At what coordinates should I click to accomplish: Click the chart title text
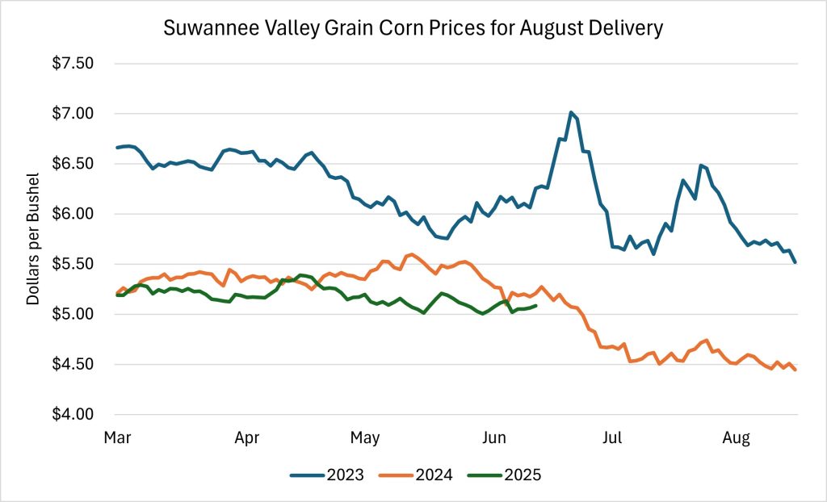click(413, 28)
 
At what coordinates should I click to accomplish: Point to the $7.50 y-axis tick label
click(72, 63)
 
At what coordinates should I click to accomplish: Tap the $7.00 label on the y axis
click(72, 114)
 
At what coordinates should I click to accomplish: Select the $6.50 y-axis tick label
click(72, 164)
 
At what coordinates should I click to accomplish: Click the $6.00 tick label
click(72, 214)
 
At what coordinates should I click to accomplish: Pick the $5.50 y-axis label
click(72, 264)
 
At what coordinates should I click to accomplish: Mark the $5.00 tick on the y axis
click(72, 314)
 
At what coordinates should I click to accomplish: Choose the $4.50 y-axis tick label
click(72, 365)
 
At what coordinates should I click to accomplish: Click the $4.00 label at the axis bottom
click(72, 415)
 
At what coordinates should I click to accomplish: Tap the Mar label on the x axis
click(118, 438)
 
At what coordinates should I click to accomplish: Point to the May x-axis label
click(365, 438)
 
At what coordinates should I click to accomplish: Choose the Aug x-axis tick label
click(736, 438)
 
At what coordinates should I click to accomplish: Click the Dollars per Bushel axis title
click(33, 239)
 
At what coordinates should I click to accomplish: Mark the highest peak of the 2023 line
click(571, 112)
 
